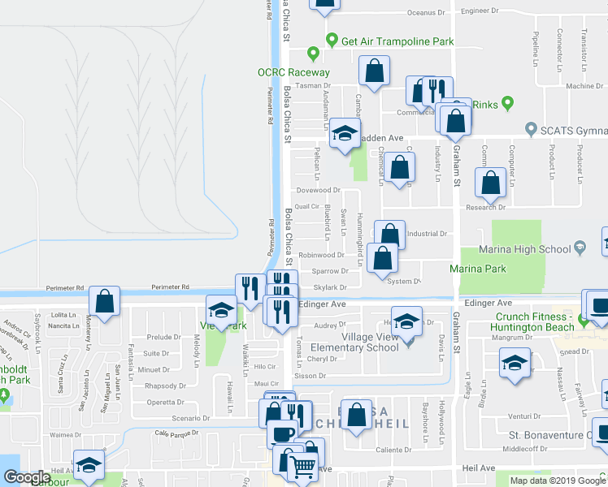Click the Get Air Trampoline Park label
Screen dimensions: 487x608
coord(397,41)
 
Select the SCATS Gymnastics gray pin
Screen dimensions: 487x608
coord(532,128)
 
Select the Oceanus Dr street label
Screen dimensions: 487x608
coord(427,13)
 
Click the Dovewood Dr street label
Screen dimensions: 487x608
coord(317,191)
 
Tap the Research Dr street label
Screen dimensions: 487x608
coord(485,208)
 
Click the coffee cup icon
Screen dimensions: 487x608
coord(282,433)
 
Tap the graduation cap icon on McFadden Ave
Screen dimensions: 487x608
coord(345,135)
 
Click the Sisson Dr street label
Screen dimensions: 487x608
coord(311,376)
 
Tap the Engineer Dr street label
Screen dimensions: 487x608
coord(480,11)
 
